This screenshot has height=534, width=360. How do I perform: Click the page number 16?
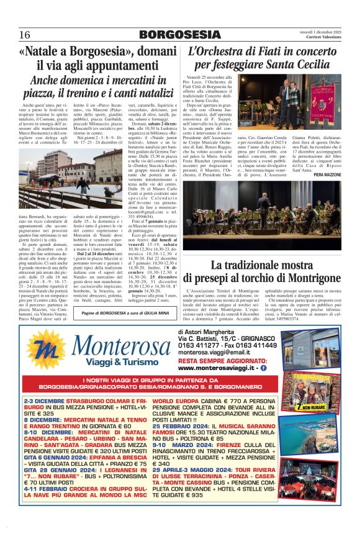(x=25, y=34)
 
